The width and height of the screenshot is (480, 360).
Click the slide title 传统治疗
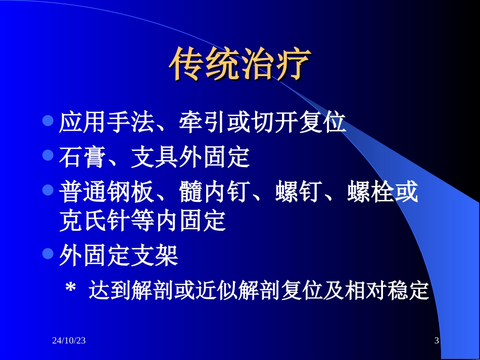[239, 65]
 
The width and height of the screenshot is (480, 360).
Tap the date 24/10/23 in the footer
[69, 341]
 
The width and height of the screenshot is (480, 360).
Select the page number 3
[437, 341]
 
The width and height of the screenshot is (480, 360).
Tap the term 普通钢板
[107, 193]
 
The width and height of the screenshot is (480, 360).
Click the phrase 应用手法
[107, 123]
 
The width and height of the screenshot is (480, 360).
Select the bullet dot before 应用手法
[48, 121]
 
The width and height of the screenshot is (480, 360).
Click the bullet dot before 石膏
[48, 156]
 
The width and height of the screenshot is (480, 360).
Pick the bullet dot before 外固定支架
[48, 254]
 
